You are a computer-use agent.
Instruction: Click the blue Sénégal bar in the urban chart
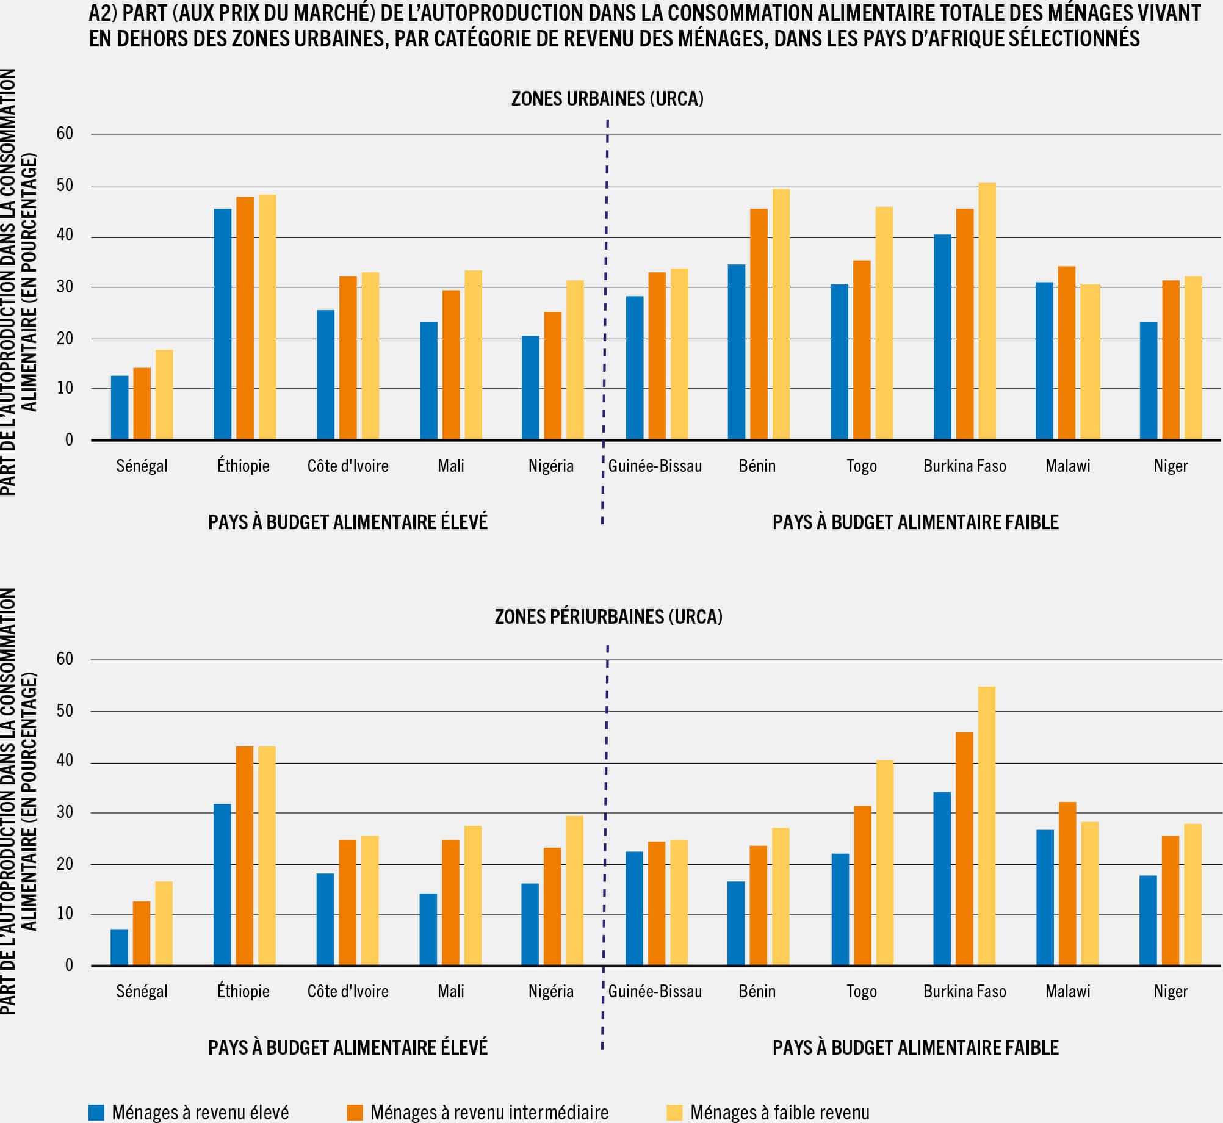coord(120,408)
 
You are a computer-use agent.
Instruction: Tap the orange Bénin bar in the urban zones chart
coord(759,324)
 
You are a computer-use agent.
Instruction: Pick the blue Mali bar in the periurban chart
coord(428,929)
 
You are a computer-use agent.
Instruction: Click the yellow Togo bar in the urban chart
coord(884,323)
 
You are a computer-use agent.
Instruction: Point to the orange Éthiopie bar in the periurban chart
coord(244,856)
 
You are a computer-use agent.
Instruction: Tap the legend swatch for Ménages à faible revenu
coord(674,1112)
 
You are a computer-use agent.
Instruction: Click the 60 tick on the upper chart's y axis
coord(65,134)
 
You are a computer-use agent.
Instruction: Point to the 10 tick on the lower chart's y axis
coord(65,914)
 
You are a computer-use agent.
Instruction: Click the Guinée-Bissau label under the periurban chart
coord(655,991)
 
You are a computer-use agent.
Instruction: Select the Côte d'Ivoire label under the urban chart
coord(348,466)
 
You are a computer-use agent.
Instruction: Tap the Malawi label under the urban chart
coord(1067,466)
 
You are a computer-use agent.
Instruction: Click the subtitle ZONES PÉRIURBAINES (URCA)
coord(608,616)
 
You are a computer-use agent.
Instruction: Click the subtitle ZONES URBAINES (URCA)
coord(607,98)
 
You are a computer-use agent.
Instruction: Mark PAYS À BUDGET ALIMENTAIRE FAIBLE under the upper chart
coord(915,522)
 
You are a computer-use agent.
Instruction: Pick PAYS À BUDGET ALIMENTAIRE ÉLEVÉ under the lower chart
coord(348,1047)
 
